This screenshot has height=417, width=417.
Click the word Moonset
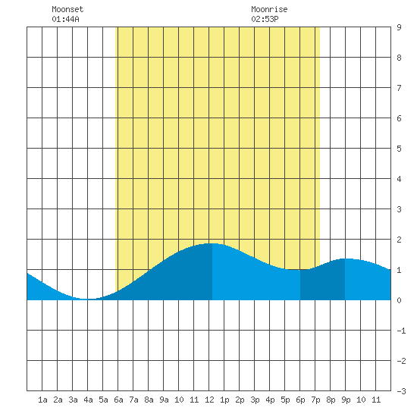point(67,9)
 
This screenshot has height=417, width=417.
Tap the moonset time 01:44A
point(65,19)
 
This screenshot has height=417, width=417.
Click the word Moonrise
point(269,9)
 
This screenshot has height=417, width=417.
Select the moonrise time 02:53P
point(265,19)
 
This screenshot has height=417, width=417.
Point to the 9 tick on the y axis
point(399,27)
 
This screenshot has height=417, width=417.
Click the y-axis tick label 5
point(399,149)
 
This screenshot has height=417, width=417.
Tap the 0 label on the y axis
point(399,300)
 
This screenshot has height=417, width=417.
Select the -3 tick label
point(401,391)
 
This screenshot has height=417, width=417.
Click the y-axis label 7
point(399,88)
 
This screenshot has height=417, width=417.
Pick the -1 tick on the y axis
point(401,331)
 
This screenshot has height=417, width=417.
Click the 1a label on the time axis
point(42,400)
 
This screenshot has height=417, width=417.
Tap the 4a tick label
point(88,400)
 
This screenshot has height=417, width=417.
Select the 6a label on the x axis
point(118,400)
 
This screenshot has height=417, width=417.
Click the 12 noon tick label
point(209,400)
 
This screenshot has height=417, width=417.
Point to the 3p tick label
point(255,400)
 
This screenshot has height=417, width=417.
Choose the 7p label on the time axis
point(315,400)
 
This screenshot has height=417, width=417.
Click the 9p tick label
point(346,400)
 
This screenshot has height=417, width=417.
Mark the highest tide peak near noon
point(212,243)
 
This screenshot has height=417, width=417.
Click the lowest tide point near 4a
point(87,299)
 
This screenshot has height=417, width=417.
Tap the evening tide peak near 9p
point(345,259)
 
